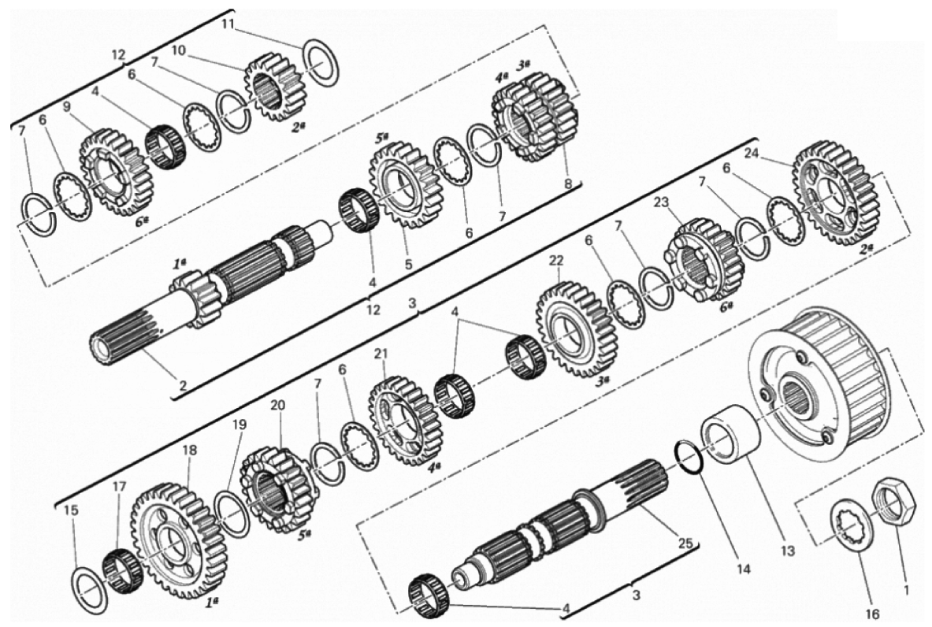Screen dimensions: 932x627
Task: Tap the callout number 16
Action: [x=873, y=614]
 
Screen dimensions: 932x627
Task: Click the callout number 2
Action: [x=183, y=385]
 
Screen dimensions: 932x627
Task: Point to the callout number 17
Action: [x=120, y=485]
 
